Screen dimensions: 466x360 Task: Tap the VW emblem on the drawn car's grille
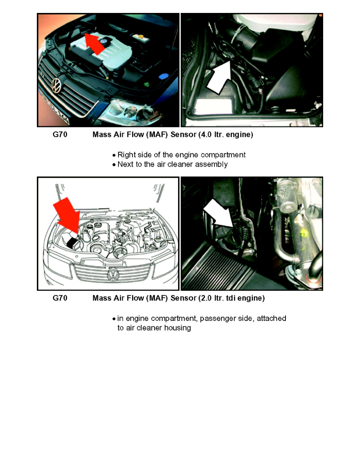pyautogui.click(x=113, y=273)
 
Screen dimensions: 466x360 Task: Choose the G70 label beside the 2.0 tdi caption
pyautogui.click(x=60, y=298)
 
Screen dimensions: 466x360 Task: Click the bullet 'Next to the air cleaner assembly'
pyautogui.click(x=170, y=164)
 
